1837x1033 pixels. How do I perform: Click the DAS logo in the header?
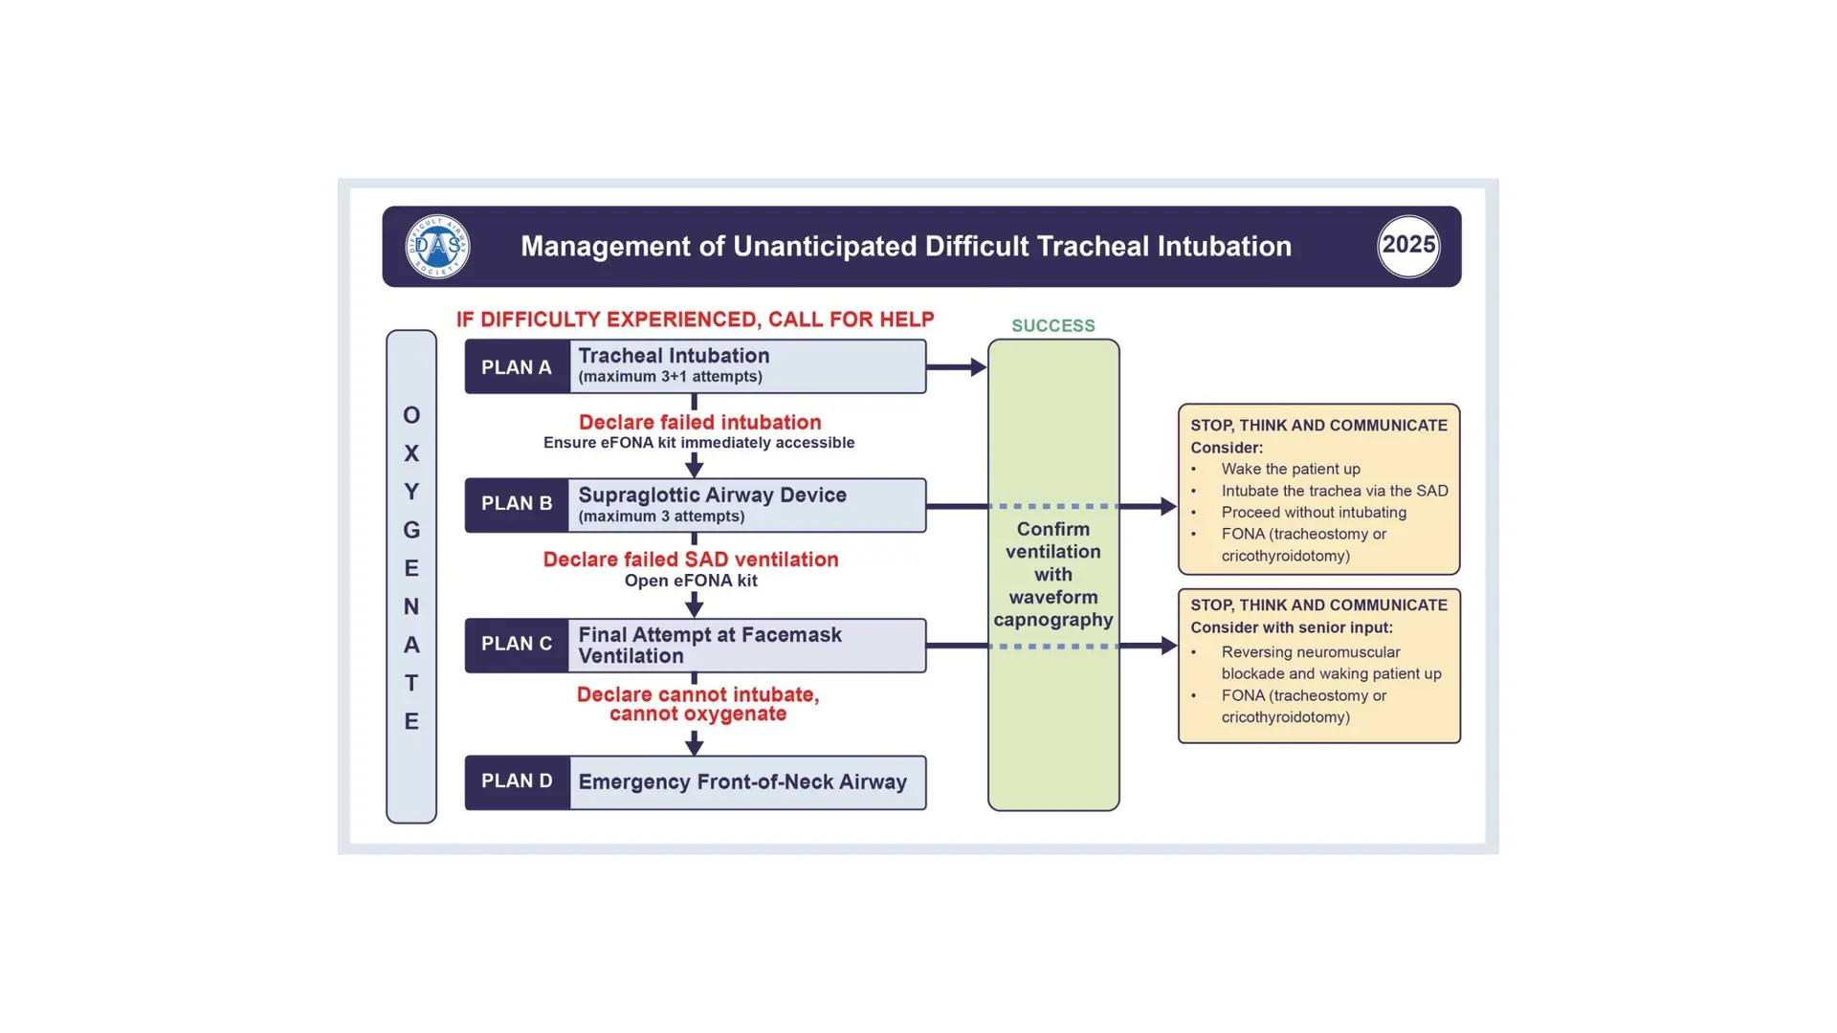coord(437,247)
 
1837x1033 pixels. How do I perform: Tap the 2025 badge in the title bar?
coord(1408,246)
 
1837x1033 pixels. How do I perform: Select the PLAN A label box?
coord(518,367)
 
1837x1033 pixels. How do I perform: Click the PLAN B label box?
coord(518,504)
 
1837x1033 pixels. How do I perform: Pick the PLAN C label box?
coord(518,645)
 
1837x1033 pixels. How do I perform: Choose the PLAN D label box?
coord(518,781)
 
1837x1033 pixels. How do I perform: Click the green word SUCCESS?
coord(1053,326)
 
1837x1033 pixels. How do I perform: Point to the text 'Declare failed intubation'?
coord(700,422)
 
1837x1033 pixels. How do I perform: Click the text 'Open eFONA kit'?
coord(691,581)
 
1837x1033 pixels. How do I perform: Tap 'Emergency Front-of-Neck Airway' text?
coord(742,782)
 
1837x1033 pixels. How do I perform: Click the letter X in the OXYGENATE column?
coord(411,453)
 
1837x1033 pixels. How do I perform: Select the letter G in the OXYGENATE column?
coord(411,530)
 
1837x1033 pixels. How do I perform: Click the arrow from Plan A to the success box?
coord(957,366)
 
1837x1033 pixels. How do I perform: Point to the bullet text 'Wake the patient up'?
coord(1291,469)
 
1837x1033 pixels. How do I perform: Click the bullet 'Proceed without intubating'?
coord(1314,513)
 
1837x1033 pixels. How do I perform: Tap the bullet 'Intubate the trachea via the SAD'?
coord(1335,491)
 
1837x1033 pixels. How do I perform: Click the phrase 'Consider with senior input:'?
coord(1292,627)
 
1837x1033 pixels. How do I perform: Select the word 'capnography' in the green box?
coord(1053,620)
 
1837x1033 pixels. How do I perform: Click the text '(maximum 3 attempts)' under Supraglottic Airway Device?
coord(661,516)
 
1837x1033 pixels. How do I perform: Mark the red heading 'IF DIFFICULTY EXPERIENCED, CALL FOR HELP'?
coord(696,319)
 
